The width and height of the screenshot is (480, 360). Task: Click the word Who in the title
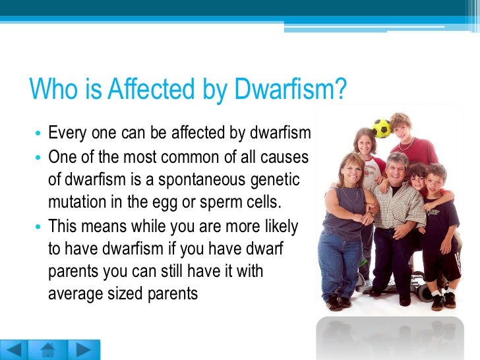(x=51, y=90)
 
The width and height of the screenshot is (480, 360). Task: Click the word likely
(x=279, y=226)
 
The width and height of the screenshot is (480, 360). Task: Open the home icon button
(x=47, y=349)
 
